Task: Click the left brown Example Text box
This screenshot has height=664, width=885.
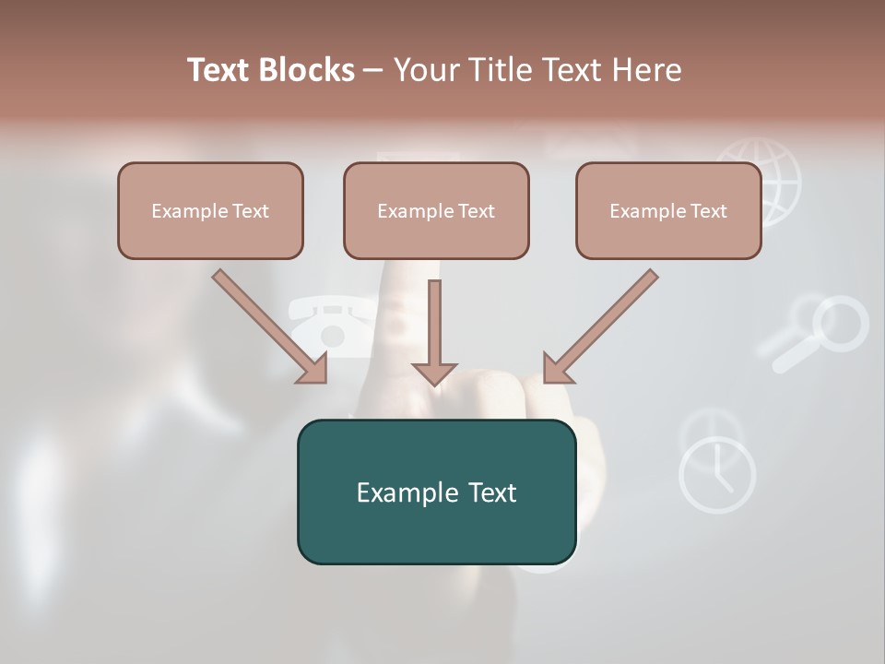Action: click(210, 211)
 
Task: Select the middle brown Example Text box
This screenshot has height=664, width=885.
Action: click(436, 211)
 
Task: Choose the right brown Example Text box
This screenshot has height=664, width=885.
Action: click(668, 211)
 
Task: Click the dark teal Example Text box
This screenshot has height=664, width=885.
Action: click(436, 492)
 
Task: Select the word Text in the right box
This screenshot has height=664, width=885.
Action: click(708, 211)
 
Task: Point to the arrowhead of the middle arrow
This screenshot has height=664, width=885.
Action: click(434, 373)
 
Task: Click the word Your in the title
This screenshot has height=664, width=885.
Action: click(425, 70)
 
